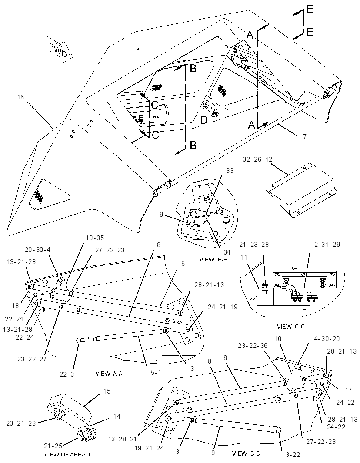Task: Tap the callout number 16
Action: pos(20,97)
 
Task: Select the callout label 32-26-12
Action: pos(257,159)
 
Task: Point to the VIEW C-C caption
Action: pos(290,327)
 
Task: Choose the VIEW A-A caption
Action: pos(109,374)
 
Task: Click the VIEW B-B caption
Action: pos(246,453)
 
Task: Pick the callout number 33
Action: pos(230,171)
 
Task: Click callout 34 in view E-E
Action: pos(227,252)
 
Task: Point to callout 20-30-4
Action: pos(37,250)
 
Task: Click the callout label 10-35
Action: pos(95,238)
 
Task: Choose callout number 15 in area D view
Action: pos(107,391)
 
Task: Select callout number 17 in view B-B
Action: pos(348,390)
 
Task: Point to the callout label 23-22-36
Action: pos(253,345)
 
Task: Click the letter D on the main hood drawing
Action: pos(204,120)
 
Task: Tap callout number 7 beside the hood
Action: pos(305,136)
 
